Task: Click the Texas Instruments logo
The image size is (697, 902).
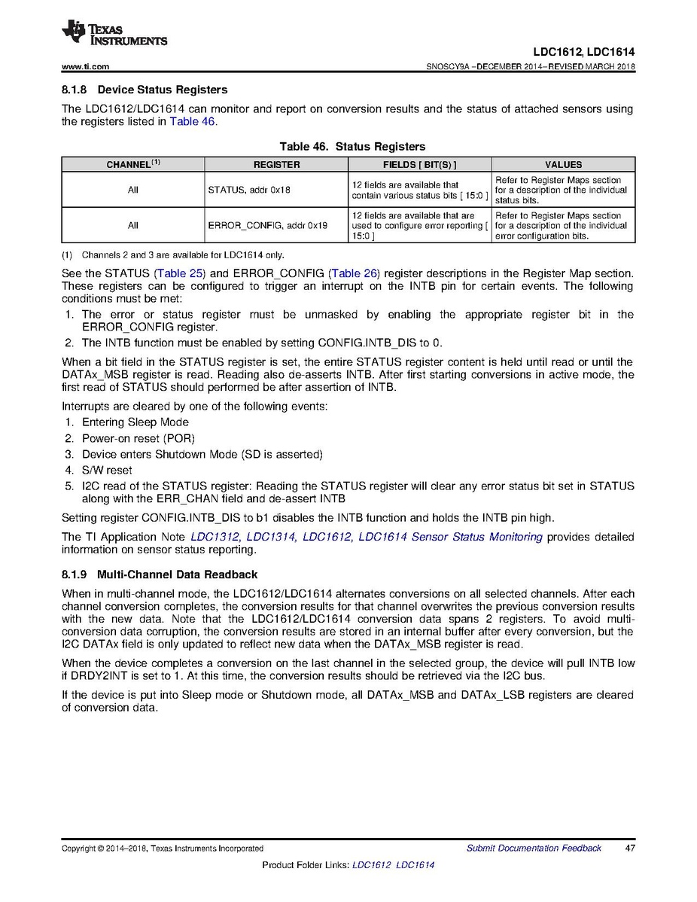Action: (114, 32)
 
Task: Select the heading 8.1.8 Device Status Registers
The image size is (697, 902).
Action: (145, 90)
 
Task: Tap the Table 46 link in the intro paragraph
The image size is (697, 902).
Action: (193, 121)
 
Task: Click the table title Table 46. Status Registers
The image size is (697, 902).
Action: (352, 146)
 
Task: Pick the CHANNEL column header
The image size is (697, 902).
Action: (132, 164)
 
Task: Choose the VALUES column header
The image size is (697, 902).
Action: (563, 164)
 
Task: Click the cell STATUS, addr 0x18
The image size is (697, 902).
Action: (249, 190)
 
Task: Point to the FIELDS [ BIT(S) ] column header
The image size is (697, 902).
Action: (419, 164)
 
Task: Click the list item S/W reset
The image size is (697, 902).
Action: (107, 470)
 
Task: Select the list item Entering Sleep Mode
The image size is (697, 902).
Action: (135, 422)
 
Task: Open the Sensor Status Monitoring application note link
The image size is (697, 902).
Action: (366, 537)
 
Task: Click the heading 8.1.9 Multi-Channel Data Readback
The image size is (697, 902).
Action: (160, 574)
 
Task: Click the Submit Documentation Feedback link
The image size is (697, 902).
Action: (534, 848)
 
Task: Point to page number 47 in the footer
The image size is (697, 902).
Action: (630, 848)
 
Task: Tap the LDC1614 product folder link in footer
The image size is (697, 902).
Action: (415, 865)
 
